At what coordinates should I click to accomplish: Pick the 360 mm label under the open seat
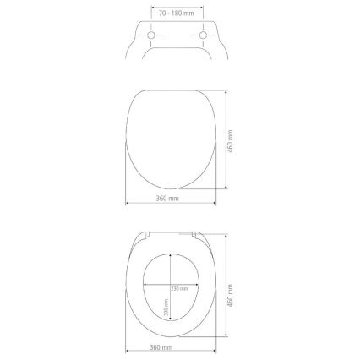pyautogui.click(x=164, y=349)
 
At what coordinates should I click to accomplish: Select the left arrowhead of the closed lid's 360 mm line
pyautogui.click(x=127, y=203)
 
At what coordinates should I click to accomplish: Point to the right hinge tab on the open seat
pyautogui.click(x=196, y=232)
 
